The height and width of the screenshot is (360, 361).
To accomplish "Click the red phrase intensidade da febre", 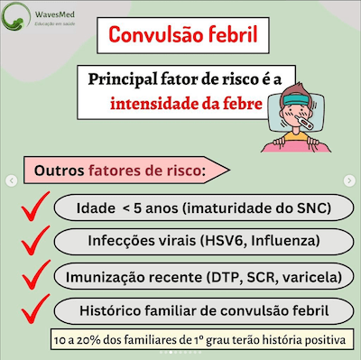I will click(x=187, y=103).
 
